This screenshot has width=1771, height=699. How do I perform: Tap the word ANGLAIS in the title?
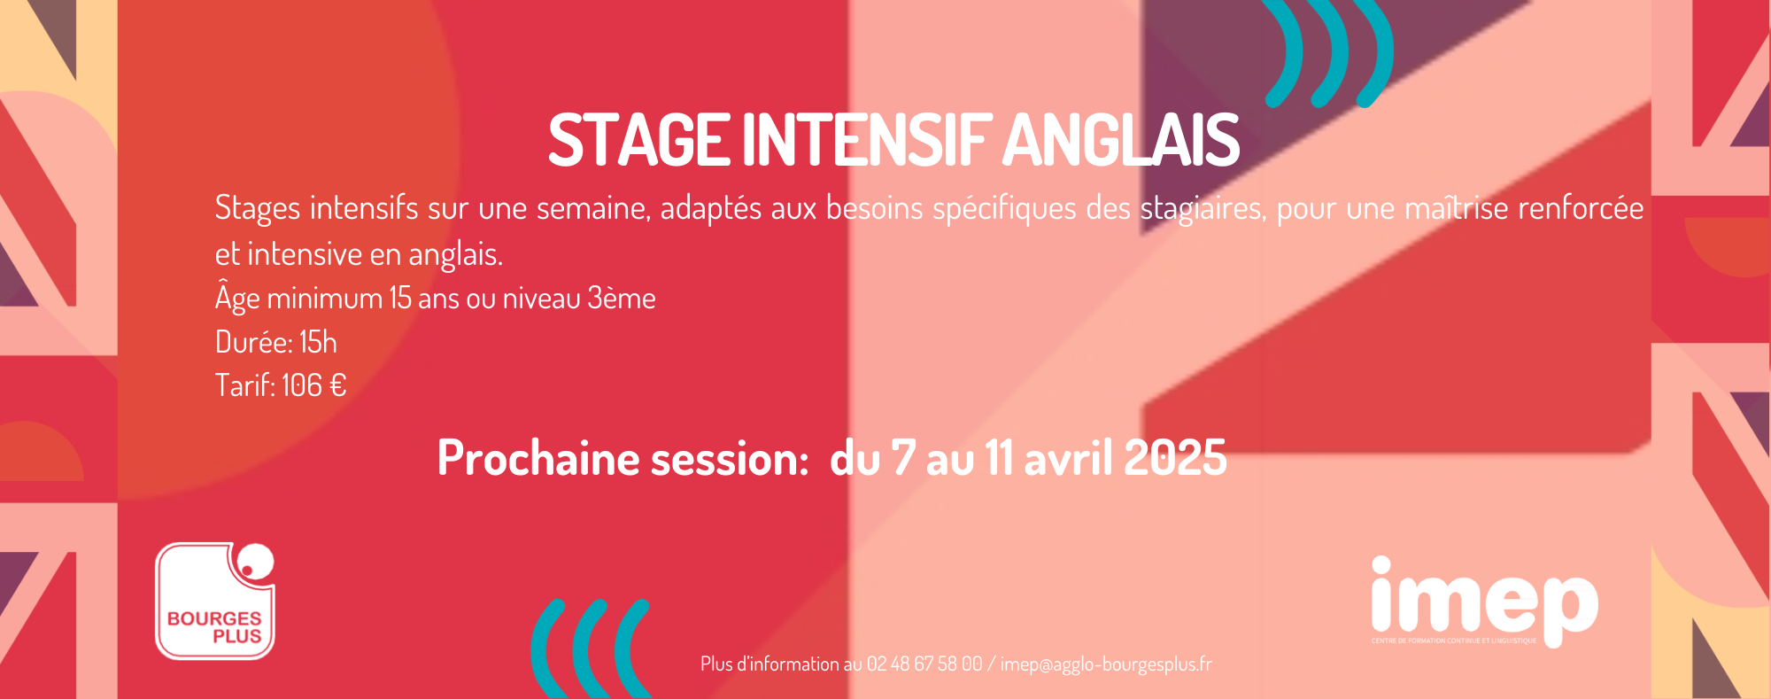[1121, 140]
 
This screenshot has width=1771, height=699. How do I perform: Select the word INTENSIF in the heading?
[864, 140]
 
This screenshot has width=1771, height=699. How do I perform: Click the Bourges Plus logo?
[215, 601]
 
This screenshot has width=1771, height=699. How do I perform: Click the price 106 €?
[313, 385]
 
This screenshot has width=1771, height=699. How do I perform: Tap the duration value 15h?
[318, 342]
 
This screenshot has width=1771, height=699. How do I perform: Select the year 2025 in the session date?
[1175, 458]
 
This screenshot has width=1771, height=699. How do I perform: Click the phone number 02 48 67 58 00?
[924, 664]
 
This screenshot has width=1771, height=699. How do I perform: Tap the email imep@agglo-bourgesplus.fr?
[1106, 664]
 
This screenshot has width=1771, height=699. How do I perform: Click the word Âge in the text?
[237, 297]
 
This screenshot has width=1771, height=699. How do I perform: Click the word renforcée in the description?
[1581, 208]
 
